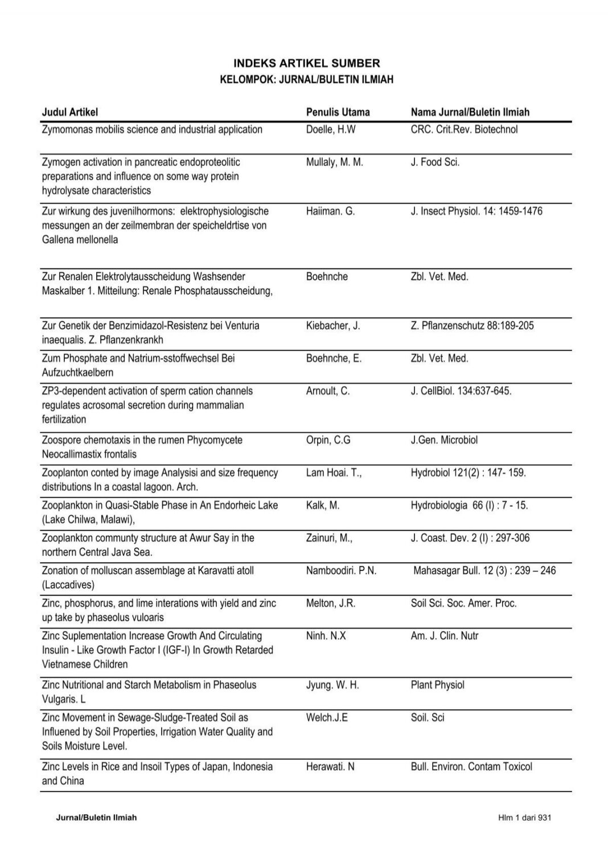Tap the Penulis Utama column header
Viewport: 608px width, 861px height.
pos(338,112)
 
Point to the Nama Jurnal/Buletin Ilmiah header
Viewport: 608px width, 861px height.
pos(470,112)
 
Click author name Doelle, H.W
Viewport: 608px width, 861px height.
pos(330,130)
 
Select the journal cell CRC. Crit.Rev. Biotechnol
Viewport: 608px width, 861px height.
pos(464,130)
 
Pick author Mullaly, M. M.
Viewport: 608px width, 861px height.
pos(334,162)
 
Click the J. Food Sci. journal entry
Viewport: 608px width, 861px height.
pos(435,162)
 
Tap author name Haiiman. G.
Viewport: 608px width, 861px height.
pos(330,211)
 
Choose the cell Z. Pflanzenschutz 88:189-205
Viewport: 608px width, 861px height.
pos(472,326)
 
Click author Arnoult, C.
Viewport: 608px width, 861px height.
pos(327,391)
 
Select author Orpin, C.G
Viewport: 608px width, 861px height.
pos(328,440)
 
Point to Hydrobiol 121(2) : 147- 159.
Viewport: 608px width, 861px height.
pos(468,473)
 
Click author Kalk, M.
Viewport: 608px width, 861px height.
pos(322,505)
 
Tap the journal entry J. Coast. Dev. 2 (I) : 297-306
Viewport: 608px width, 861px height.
pos(470,538)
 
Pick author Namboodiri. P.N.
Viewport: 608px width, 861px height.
pos(341,570)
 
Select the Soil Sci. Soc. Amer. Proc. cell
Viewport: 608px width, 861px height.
pos(463,603)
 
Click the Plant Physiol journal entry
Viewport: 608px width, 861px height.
pos(437,685)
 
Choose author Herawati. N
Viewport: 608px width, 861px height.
pos(330,767)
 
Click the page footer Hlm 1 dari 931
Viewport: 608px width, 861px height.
pos(524,818)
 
